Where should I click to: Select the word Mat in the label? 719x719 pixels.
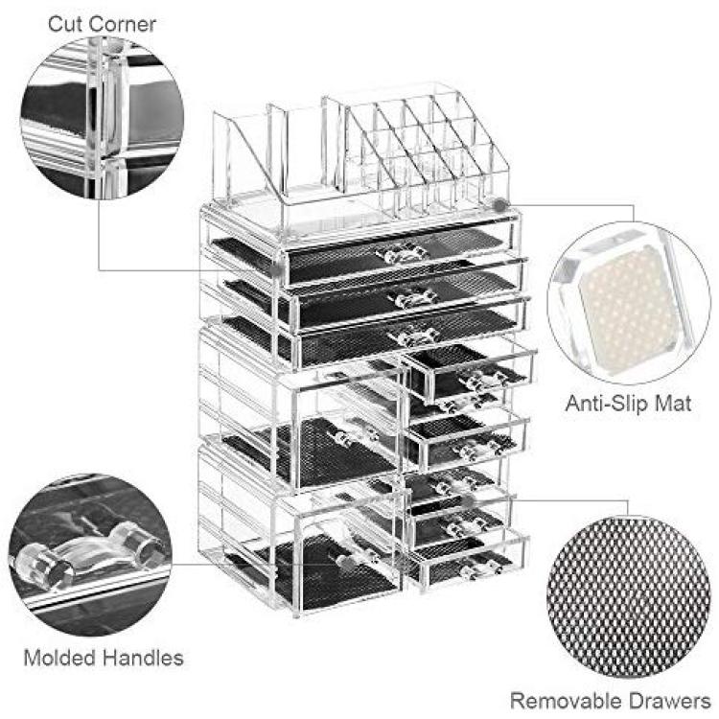click(673, 404)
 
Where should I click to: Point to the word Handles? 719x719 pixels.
click(143, 658)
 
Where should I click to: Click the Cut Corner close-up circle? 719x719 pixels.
click(103, 118)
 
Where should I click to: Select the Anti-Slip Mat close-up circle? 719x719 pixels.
click(629, 303)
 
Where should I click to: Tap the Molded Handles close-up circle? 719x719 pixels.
click(90, 555)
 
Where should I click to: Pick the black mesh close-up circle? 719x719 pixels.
click(629, 597)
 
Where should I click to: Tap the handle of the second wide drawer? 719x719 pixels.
click(412, 297)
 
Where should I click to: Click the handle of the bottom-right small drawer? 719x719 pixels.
click(480, 568)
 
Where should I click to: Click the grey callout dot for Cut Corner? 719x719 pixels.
click(275, 269)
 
